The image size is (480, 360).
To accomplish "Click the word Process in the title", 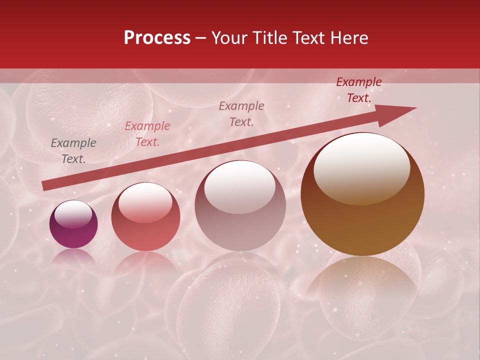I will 157,38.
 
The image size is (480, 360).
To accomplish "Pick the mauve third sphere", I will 240,206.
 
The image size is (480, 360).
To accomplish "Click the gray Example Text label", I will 73,150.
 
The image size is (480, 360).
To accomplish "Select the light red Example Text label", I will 147,133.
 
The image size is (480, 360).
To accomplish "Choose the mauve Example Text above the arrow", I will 241,113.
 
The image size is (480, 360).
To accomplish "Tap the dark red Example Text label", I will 358,90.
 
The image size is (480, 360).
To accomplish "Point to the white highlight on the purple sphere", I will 73,214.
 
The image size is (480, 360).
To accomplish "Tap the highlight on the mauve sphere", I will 240,187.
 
